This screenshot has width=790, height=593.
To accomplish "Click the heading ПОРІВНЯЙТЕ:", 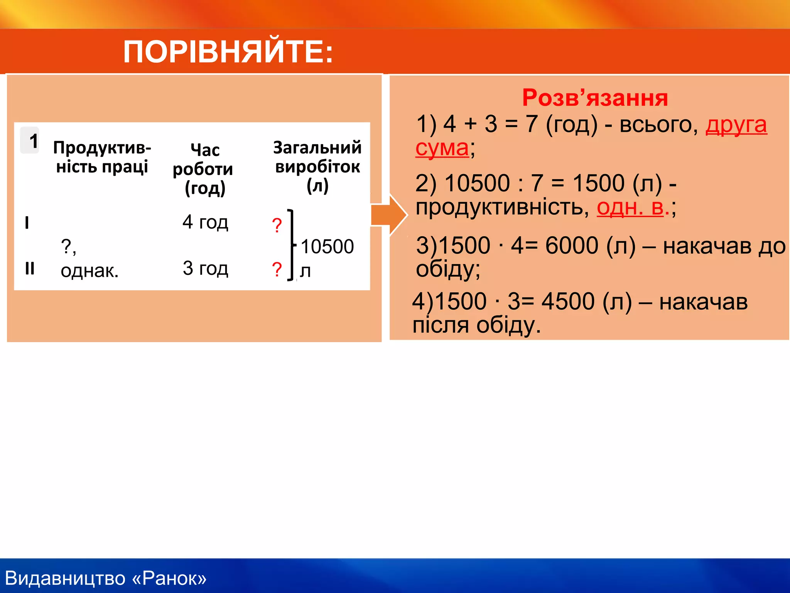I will (228, 52).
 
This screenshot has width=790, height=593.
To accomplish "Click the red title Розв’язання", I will (594, 98).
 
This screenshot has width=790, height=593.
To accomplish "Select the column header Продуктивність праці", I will (102, 157).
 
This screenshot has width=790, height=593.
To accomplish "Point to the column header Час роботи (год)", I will (203, 169).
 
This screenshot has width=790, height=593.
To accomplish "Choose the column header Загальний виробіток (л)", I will (317, 166).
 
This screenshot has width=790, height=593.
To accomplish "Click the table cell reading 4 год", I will (205, 222).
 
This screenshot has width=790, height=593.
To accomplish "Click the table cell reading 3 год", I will (205, 268).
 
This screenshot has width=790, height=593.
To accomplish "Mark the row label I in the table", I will (27, 223).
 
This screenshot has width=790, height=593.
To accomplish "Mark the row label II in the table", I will (30, 268).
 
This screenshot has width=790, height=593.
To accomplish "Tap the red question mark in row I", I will (277, 225).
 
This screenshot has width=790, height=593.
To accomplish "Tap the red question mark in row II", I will (277, 269).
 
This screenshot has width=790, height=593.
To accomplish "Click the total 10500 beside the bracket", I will (327, 247).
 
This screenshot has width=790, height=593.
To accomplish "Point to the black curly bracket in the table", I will (292, 245).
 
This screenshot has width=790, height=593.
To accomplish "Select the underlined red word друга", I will (736, 125).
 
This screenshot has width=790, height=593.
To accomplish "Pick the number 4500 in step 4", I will (568, 302).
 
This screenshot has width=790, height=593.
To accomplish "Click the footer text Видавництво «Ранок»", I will (106, 578).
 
